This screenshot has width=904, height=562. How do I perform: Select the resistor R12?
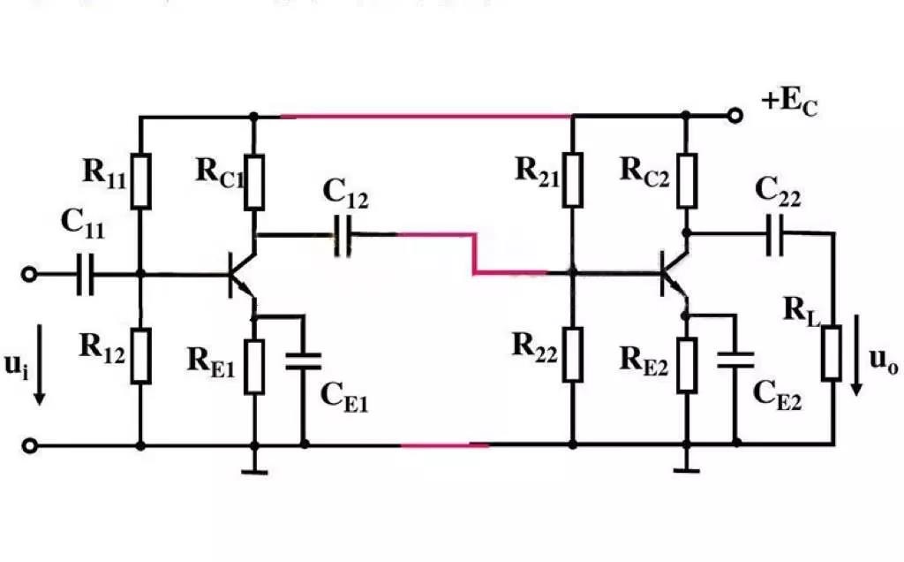(x=141, y=355)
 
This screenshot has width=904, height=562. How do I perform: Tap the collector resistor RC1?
(x=254, y=181)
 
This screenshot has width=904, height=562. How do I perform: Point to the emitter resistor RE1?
(x=254, y=365)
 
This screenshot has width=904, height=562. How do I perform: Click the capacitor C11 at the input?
(x=85, y=275)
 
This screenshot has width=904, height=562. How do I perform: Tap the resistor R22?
(x=572, y=353)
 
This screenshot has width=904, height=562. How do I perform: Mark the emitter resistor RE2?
(x=686, y=365)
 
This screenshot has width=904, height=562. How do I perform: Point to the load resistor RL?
(x=832, y=352)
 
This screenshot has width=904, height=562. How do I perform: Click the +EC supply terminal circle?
(x=733, y=115)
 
